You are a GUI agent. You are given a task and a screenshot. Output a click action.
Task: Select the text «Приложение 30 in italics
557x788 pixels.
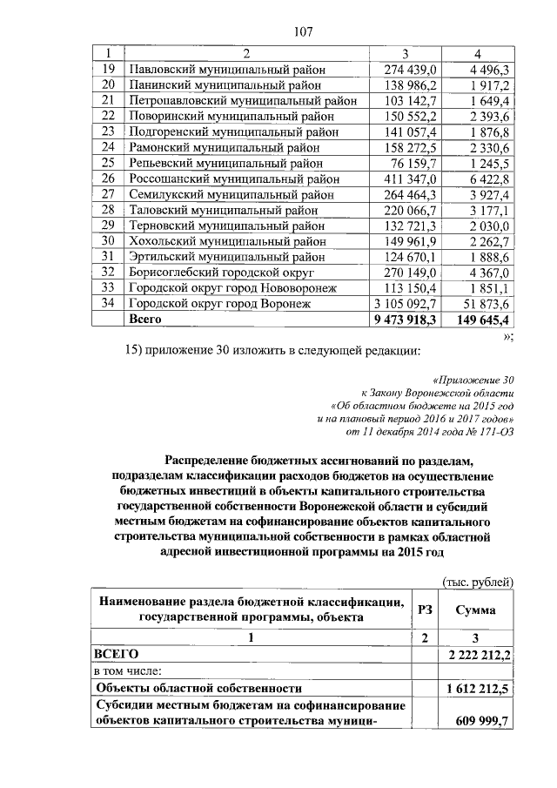click(x=473, y=381)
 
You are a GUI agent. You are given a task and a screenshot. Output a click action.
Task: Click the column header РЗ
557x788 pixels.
click(x=425, y=611)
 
